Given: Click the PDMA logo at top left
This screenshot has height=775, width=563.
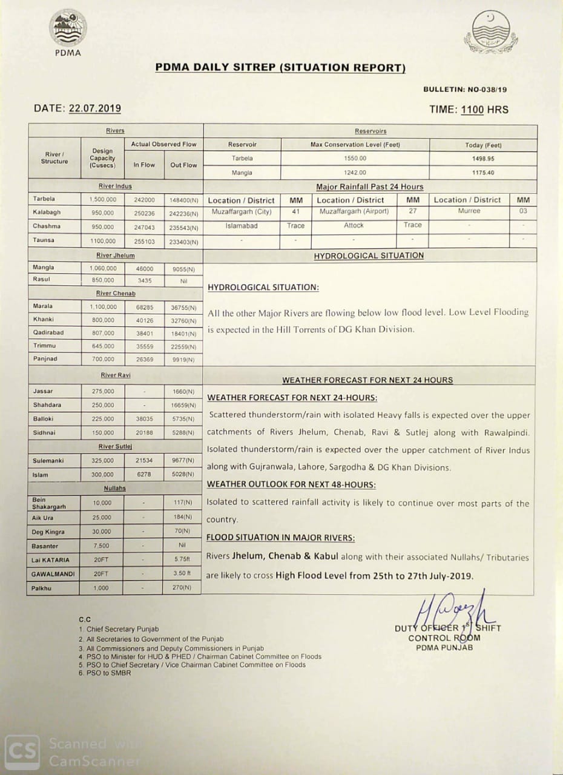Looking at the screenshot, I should point(68,30).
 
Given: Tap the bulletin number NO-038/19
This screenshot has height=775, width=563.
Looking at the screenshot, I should point(487,90).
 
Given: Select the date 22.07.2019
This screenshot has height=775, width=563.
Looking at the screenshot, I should point(94,109).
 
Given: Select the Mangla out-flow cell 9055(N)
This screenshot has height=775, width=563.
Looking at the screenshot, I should point(183,268).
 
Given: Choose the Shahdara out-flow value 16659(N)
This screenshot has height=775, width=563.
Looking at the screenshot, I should point(183,405).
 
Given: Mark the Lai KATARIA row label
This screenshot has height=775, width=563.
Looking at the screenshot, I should point(51,560).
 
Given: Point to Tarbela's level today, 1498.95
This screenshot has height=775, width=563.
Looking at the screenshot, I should point(482,159).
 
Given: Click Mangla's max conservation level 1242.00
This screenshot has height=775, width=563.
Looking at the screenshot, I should point(354,173).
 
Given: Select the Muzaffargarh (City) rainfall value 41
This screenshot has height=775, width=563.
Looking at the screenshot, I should point(295,212).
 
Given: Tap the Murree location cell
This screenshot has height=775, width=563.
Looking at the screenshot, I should point(469,211).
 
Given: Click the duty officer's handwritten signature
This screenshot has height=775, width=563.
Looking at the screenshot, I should point(451,610).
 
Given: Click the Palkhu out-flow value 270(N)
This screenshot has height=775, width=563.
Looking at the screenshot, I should point(182,588).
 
